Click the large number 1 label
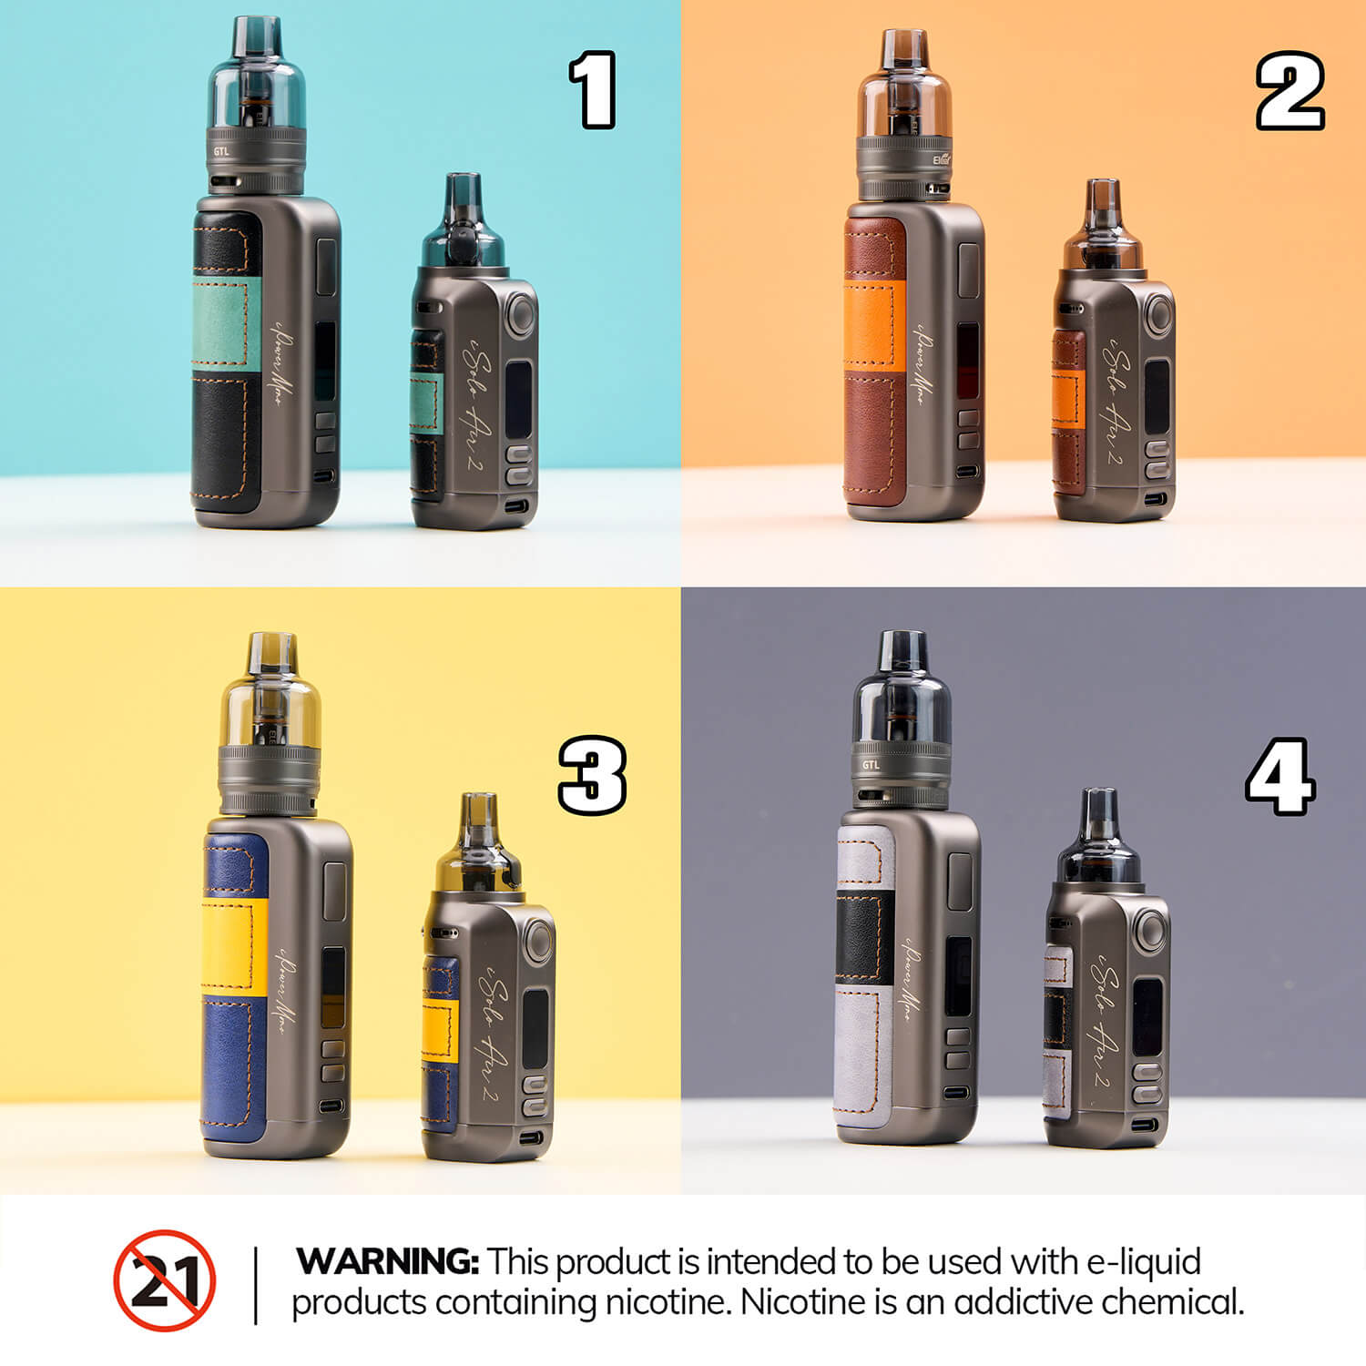(x=593, y=89)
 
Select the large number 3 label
(x=592, y=775)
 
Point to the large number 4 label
(x=1279, y=776)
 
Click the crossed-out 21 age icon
(x=165, y=1280)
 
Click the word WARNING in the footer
(x=387, y=1262)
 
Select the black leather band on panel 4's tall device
(x=864, y=936)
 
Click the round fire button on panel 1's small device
(x=521, y=315)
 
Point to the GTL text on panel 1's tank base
(x=220, y=152)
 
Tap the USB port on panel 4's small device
(x=1149, y=1124)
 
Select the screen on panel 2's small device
(x=1156, y=395)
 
